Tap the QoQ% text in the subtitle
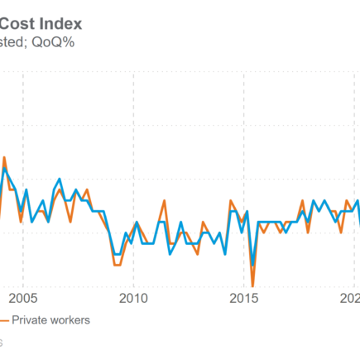[54, 42]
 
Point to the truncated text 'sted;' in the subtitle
[15, 42]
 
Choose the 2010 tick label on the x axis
[134, 299]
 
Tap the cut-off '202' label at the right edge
[350, 299]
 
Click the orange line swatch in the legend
[3, 320]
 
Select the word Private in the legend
[29, 320]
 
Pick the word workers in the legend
[70, 320]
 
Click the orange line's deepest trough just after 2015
[252, 286]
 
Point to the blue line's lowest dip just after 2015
[252, 266]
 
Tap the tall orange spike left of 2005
[5, 157]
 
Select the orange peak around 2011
[165, 200]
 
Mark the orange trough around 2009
[117, 265]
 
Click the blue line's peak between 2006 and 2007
[60, 179]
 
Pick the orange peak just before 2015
[231, 200]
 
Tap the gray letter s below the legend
[2, 341]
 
